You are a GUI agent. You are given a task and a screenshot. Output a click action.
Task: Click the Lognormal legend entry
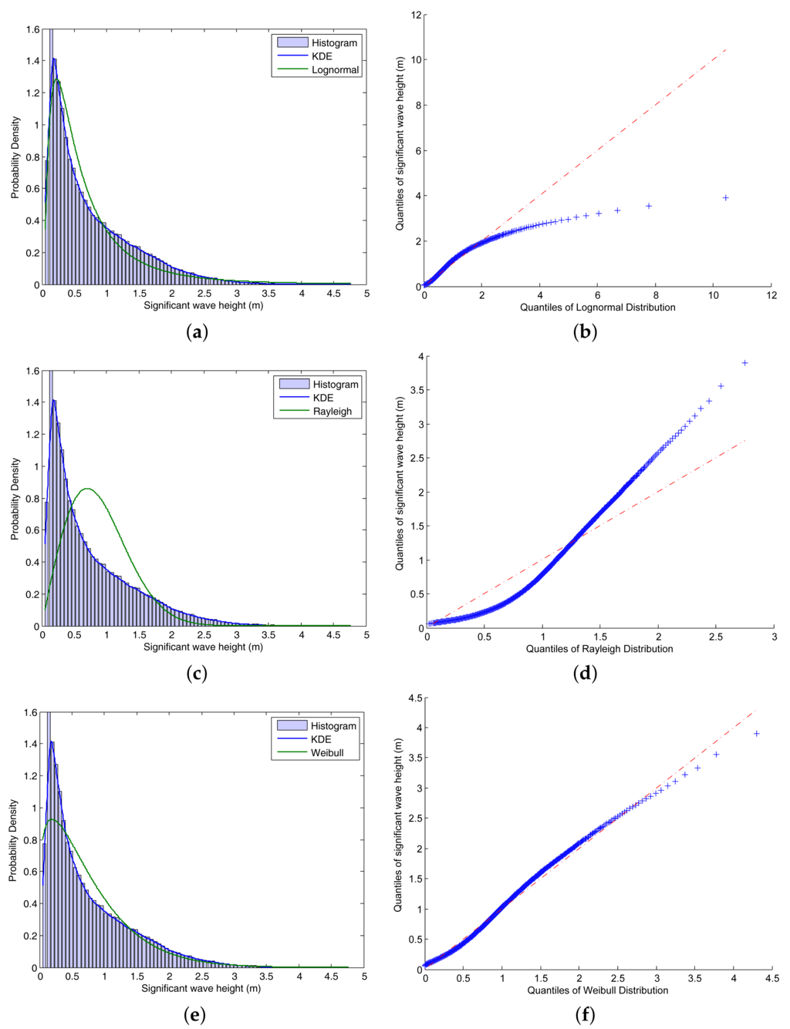(x=335, y=70)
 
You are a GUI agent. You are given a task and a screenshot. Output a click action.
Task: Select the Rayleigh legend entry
(x=332, y=412)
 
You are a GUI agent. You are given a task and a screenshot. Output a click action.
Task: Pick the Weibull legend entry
(x=327, y=753)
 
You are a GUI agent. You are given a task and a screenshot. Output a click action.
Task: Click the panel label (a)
(x=197, y=332)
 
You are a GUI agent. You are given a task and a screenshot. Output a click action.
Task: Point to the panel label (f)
(x=585, y=1015)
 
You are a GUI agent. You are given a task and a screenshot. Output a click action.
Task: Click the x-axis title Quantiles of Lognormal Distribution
(x=597, y=308)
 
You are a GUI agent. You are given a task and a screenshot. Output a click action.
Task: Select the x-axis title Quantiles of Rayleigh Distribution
(x=599, y=649)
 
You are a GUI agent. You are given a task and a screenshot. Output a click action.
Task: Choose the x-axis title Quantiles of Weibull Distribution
(x=597, y=990)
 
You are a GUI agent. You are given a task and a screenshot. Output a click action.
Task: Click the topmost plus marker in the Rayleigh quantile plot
(x=744, y=362)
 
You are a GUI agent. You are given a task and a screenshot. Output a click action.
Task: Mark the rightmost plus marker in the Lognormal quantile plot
(x=725, y=198)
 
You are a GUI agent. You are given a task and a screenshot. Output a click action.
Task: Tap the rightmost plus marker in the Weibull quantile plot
(x=756, y=734)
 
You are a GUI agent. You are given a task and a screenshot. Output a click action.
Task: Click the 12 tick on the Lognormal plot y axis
(x=415, y=15)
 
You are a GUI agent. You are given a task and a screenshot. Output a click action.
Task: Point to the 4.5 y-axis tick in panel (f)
(x=414, y=698)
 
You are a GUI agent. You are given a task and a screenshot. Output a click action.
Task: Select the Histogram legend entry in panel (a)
(x=334, y=43)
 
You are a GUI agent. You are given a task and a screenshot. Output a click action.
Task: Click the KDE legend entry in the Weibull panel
(x=321, y=739)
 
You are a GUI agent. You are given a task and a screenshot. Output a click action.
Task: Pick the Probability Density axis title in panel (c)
(x=15, y=499)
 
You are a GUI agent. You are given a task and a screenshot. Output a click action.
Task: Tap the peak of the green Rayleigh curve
(x=88, y=489)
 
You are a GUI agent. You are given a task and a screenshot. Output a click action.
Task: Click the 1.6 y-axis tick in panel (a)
(x=32, y=29)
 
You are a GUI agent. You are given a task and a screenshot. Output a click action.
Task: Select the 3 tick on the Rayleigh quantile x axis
(x=774, y=637)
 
